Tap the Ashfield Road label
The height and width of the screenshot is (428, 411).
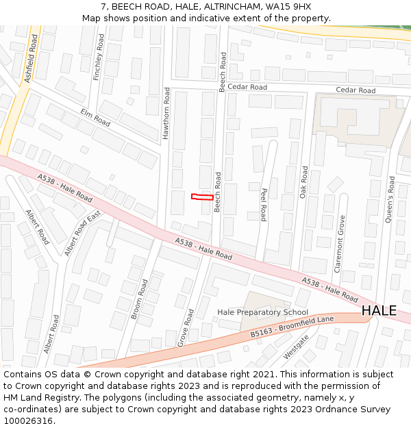pyautogui.click(x=30, y=60)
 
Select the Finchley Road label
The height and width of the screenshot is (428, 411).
pyautogui.click(x=98, y=58)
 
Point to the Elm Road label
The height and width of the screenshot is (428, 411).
pyautogui.click(x=95, y=117)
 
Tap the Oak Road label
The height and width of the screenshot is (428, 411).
pyautogui.click(x=304, y=182)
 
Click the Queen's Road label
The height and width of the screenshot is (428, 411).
pyautogui.click(x=391, y=198)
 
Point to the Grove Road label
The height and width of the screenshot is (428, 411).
pyautogui.click(x=186, y=327)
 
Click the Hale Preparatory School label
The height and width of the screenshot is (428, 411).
pyautogui.click(x=262, y=312)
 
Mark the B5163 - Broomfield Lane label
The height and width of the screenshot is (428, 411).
pyautogui.click(x=292, y=327)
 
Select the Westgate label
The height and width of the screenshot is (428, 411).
pyautogui.click(x=296, y=347)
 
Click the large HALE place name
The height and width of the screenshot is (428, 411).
pyautogui.click(x=379, y=310)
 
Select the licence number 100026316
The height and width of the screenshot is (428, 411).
pyautogui.click(x=29, y=421)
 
